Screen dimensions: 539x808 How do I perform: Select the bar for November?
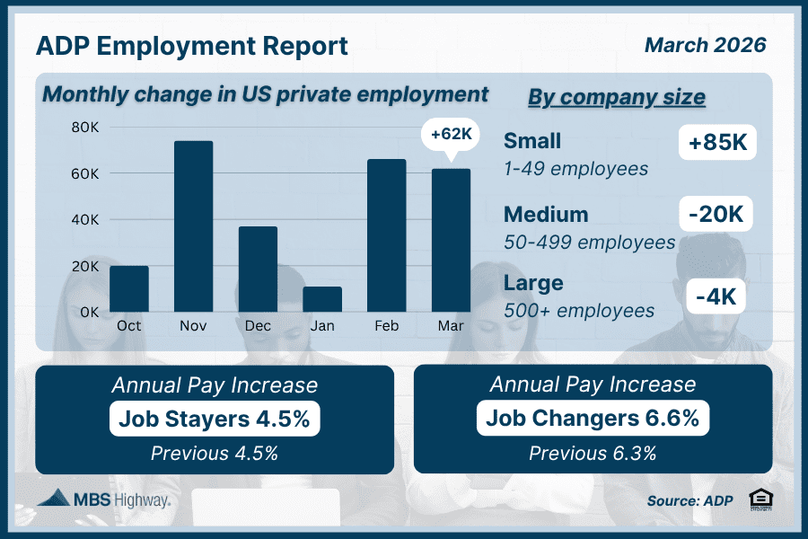(x=193, y=226)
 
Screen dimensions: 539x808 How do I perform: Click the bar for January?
(x=322, y=299)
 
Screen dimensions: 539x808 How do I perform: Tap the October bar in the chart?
(x=129, y=288)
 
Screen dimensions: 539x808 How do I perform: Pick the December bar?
(x=258, y=269)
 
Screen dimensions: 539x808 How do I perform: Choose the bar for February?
(x=387, y=235)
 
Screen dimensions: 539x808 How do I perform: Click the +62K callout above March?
(x=452, y=135)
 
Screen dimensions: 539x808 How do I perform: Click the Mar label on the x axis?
(x=452, y=325)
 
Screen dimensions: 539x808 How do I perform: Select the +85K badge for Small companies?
(x=717, y=142)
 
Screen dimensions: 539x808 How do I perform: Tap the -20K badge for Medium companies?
(x=716, y=215)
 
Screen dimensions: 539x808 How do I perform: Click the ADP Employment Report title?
(x=191, y=47)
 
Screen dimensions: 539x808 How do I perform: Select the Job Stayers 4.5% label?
(x=215, y=418)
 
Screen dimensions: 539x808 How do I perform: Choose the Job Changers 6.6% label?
(x=593, y=418)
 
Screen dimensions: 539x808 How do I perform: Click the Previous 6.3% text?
(x=593, y=453)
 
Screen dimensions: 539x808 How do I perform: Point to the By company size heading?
(x=616, y=97)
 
